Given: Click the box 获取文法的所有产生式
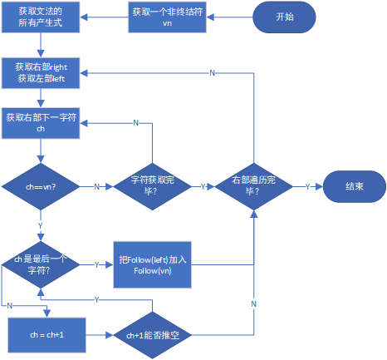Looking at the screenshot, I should click(x=40, y=17).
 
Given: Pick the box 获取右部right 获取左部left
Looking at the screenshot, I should click(x=41, y=72).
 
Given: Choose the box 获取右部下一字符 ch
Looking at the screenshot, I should click(x=41, y=124).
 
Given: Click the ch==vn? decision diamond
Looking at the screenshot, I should click(x=41, y=188).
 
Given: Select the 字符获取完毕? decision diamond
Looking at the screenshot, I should click(x=151, y=187).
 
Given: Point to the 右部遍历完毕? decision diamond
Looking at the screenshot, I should click(x=252, y=187).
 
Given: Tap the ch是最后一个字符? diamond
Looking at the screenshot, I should click(x=41, y=264).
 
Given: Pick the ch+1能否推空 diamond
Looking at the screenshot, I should click(x=151, y=335).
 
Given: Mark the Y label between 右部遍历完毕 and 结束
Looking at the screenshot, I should click(x=308, y=187).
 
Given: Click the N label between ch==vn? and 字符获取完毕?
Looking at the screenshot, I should click(x=96, y=187).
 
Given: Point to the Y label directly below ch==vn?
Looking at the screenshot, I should click(x=41, y=225).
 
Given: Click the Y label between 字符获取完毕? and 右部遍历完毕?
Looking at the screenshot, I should click(x=202, y=187).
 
